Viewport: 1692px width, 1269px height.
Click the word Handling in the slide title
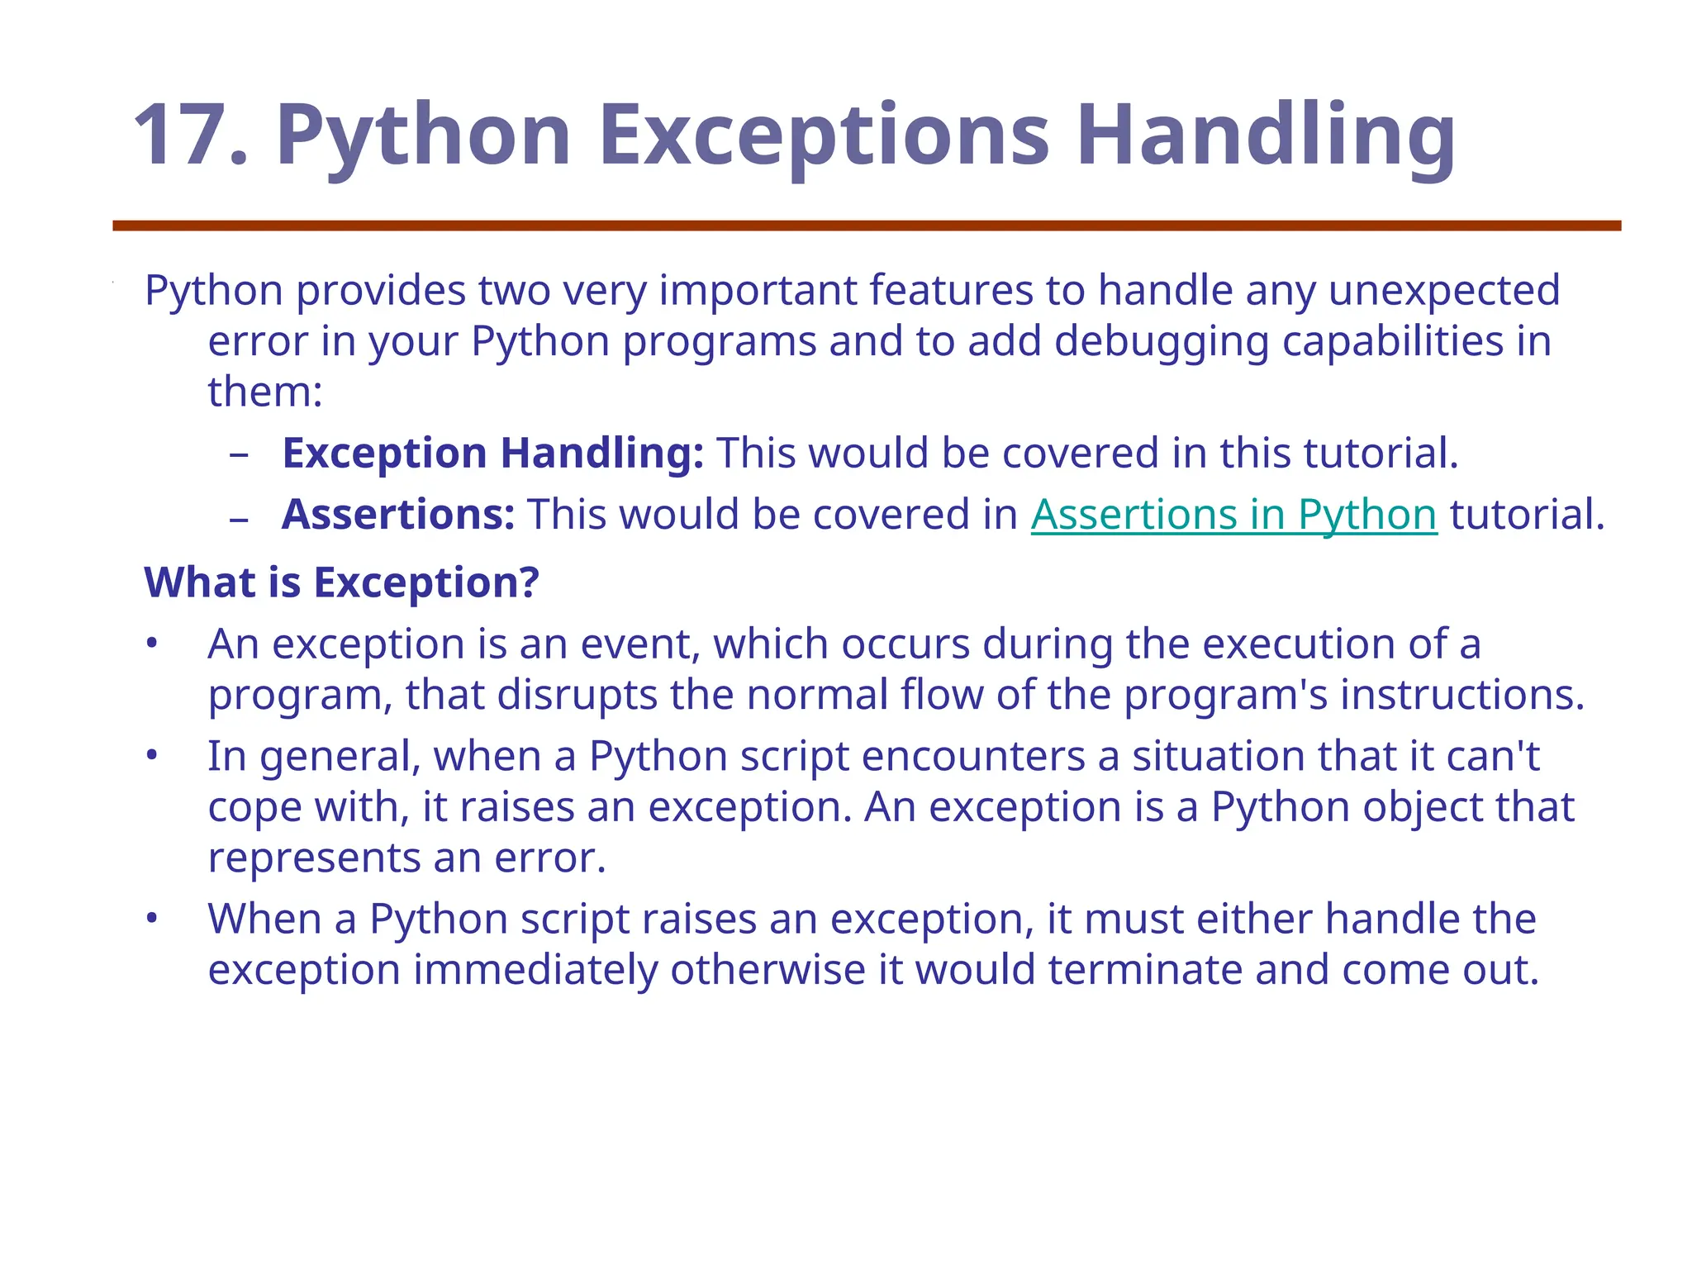1265,135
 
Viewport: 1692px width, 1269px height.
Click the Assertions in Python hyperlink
1233,515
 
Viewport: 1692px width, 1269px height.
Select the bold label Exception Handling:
492,453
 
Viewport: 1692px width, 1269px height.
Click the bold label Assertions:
398,515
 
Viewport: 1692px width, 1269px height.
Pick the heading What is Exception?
341,582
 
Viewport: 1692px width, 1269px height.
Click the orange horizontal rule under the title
867,226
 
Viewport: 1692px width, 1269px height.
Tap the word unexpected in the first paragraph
1443,291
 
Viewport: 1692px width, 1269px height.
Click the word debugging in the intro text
1161,341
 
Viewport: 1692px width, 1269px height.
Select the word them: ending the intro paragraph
264,392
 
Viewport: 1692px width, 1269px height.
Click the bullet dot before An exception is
151,644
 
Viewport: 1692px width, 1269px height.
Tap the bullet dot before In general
151,756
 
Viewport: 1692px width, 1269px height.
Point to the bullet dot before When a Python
151,919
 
